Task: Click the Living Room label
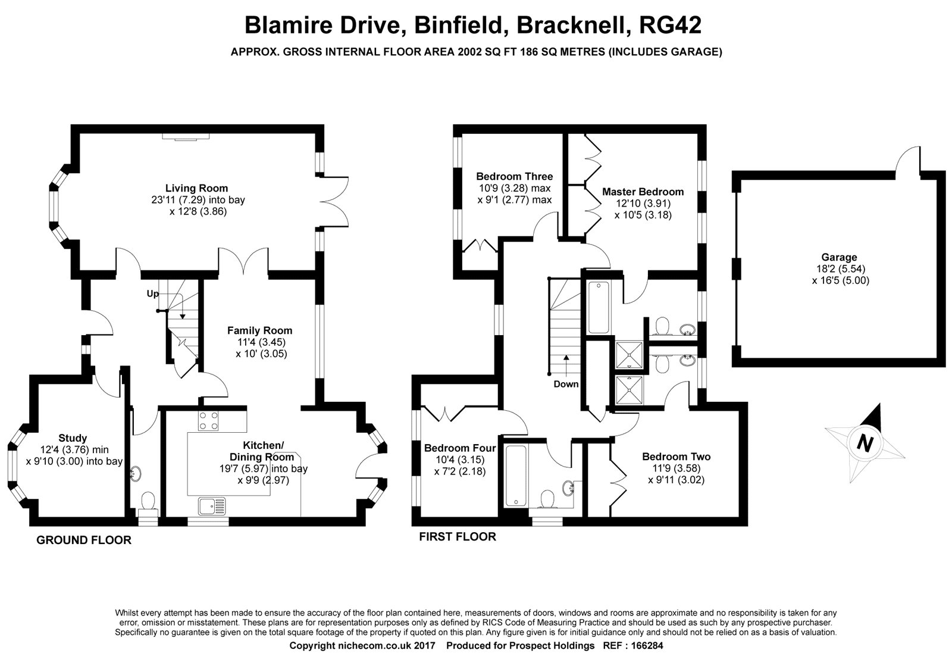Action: [x=196, y=188]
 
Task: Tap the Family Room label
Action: [x=259, y=330]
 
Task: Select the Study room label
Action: [x=73, y=438]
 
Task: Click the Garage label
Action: [x=839, y=257]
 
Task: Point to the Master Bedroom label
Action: [x=643, y=192]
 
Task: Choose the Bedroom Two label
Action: [x=676, y=457]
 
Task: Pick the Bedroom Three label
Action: [x=515, y=176]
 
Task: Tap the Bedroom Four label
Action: [x=460, y=448]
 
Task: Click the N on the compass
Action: [x=865, y=443]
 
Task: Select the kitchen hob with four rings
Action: [x=208, y=421]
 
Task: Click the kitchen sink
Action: [x=212, y=505]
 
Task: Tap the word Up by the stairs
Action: [x=152, y=294]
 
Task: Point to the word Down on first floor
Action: [x=566, y=385]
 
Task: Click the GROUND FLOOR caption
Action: [x=84, y=540]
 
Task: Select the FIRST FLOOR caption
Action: [x=458, y=537]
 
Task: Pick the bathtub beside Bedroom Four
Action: [x=516, y=475]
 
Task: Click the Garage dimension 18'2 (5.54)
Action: [x=839, y=268]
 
